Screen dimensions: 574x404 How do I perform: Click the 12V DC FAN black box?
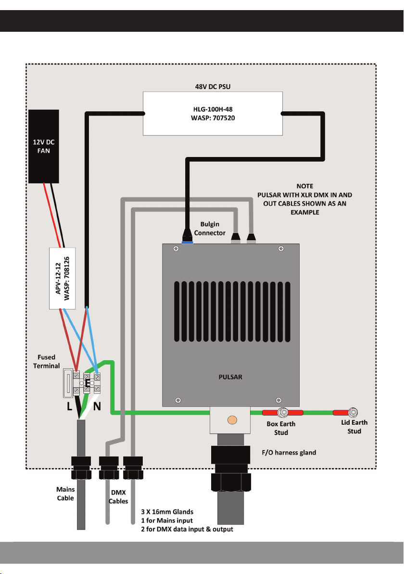point(44,146)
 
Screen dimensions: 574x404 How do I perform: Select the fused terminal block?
point(71,384)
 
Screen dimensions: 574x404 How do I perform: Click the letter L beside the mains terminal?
point(70,406)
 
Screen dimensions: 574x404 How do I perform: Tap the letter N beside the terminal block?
point(97,406)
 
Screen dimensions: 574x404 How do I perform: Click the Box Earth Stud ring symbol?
point(284,413)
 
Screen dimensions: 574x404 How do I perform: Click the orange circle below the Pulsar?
point(232,420)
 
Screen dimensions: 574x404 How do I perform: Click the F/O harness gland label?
point(292,453)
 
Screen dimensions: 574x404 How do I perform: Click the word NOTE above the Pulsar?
point(305,186)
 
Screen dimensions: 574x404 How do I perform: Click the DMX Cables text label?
point(118,497)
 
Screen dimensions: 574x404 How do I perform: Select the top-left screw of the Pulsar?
point(177,248)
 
